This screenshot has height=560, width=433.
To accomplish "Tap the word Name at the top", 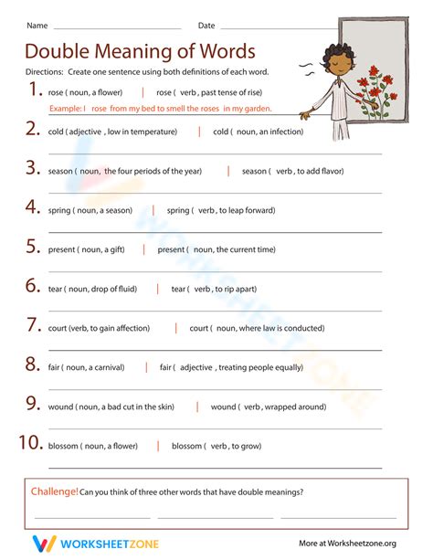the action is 37,25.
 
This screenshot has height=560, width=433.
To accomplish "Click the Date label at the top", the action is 206,25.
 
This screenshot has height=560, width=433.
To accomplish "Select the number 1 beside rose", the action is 35,90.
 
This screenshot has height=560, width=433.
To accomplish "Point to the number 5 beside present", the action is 32,247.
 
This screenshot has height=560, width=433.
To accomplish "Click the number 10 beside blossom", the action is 30,443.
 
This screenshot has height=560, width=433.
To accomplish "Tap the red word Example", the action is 63,109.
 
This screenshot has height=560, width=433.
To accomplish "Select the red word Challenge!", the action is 54,491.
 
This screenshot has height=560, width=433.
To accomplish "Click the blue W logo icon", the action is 43,543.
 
